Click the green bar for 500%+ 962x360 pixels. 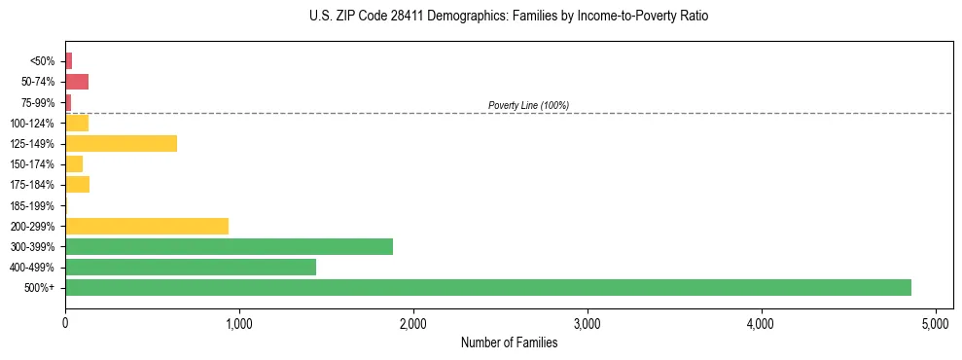(487, 287)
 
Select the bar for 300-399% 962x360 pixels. (229, 246)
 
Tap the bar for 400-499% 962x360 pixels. (191, 267)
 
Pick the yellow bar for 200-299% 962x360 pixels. (147, 226)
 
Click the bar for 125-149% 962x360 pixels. (121, 144)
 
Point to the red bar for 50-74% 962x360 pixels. (77, 82)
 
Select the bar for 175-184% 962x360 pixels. (77, 185)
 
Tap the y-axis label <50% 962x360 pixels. (43, 61)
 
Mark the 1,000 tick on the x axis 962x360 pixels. (239, 323)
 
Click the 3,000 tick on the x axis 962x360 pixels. (588, 323)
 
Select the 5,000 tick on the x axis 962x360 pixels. (936, 323)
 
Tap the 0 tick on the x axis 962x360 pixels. (65, 323)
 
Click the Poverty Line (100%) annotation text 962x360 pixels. (528, 105)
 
